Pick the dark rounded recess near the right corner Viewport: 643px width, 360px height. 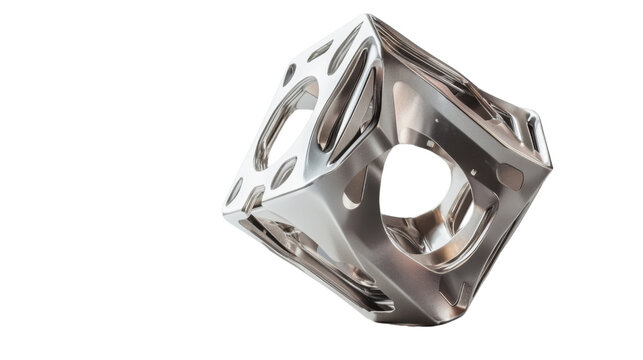[x=507, y=178]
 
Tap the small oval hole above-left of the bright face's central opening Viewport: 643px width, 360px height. [x=289, y=74]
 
